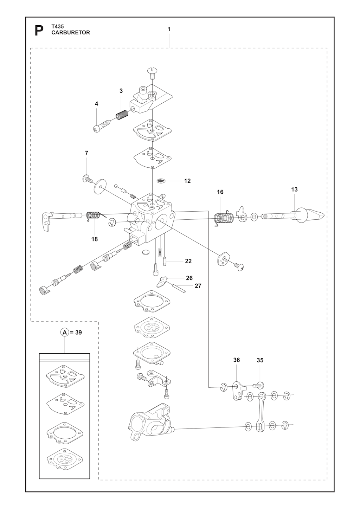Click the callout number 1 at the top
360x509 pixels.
pyautogui.click(x=169, y=29)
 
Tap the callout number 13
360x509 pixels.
pyautogui.click(x=294, y=189)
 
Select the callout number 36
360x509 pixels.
pyautogui.click(x=237, y=360)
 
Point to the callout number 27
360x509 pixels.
pyautogui.click(x=198, y=286)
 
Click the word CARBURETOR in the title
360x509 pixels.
pyautogui.click(x=71, y=32)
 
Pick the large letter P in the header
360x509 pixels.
pyautogui.click(x=39, y=31)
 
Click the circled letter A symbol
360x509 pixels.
pyautogui.click(x=65, y=333)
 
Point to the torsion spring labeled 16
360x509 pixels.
pyautogui.click(x=224, y=218)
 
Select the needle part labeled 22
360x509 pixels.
pyautogui.click(x=164, y=260)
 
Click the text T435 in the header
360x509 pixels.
pyautogui.click(x=58, y=27)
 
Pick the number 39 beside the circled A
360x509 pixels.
pyautogui.click(x=78, y=333)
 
